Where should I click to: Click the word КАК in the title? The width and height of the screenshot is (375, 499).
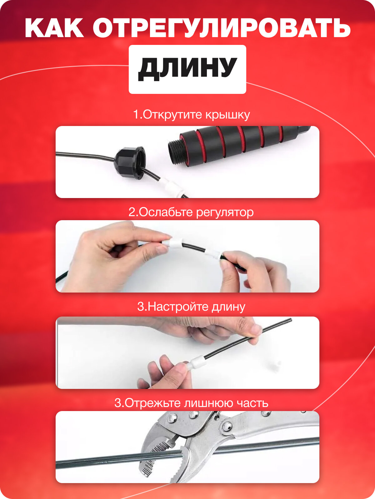pyautogui.click(x=54, y=28)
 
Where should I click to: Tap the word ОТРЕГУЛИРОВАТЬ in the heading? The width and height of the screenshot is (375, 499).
pyautogui.click(x=222, y=28)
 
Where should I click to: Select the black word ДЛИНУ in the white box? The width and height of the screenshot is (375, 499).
pyautogui.click(x=187, y=69)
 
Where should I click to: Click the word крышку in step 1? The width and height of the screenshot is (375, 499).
pyautogui.click(x=228, y=115)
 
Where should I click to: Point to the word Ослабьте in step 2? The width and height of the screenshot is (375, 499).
pyautogui.click(x=166, y=212)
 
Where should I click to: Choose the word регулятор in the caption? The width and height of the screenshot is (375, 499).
pyautogui.click(x=225, y=213)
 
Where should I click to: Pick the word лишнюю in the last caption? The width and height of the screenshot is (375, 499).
pyautogui.click(x=208, y=403)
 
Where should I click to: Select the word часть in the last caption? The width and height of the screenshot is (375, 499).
pyautogui.click(x=252, y=404)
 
